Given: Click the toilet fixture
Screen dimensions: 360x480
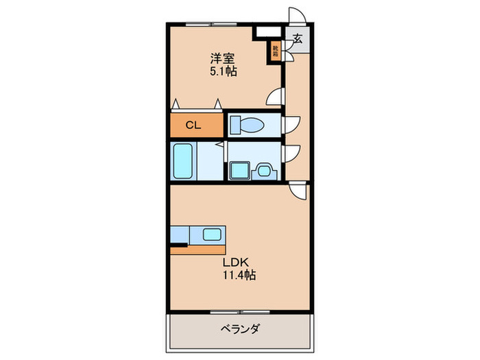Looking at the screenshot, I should point(248,125).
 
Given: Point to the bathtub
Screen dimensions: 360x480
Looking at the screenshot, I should point(184,160).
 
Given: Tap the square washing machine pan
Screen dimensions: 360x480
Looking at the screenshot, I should point(240,169).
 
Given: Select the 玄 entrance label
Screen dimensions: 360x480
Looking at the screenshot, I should point(298,39).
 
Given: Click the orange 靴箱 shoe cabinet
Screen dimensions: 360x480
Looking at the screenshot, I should point(275,51).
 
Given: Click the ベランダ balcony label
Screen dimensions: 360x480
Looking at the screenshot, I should point(239,329).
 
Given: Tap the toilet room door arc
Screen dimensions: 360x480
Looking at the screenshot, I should point(291,124).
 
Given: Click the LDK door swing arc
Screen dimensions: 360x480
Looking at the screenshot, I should point(299,191).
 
